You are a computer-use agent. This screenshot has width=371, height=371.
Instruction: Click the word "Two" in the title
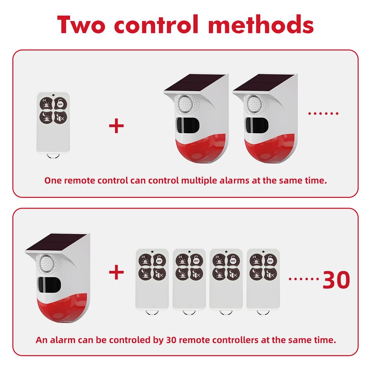(x=81, y=24)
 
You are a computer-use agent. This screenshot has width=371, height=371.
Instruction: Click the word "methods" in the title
(x=261, y=24)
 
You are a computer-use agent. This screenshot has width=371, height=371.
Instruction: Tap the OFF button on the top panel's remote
(x=60, y=104)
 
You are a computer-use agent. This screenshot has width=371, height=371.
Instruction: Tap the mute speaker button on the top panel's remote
(x=60, y=118)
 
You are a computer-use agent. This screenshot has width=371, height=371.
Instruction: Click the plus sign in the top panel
(x=116, y=126)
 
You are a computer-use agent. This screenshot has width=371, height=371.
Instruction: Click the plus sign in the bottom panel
(x=116, y=272)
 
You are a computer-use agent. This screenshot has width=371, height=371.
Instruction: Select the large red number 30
(x=336, y=280)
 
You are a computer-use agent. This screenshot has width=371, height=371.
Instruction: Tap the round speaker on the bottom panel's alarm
(x=46, y=263)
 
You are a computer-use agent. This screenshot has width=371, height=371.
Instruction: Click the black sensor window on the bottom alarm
(x=49, y=285)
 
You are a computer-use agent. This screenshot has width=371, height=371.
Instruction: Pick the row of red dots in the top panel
(x=323, y=114)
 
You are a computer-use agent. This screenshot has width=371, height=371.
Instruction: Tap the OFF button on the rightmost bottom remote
(x=270, y=260)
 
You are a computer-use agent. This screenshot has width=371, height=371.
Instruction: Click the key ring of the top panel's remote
(x=53, y=155)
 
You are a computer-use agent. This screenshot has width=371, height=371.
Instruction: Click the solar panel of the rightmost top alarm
(x=264, y=82)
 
